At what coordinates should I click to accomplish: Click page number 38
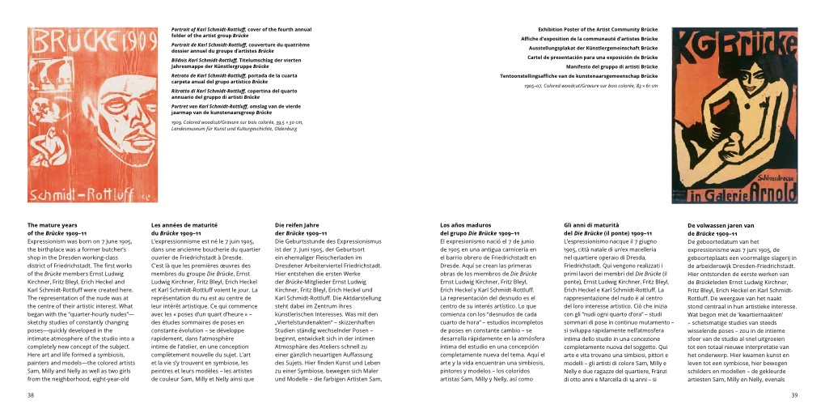[x=31, y=394]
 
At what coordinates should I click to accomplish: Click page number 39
[x=794, y=394]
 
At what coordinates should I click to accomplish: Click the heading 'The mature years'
[x=53, y=225]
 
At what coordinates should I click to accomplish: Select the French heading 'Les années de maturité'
[x=184, y=225]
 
